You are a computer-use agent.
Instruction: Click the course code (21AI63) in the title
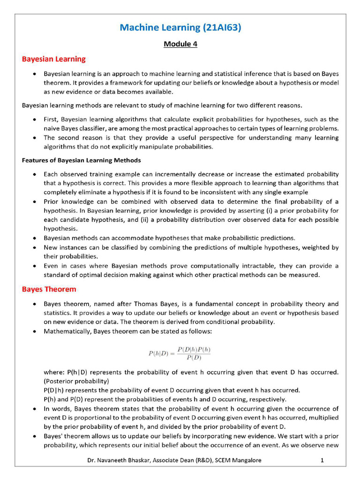pyautogui.click(x=222, y=28)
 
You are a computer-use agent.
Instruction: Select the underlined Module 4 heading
pyautogui.click(x=180, y=44)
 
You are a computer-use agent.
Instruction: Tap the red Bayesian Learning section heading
pyautogui.click(x=54, y=59)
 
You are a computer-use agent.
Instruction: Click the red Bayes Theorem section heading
pyautogui.click(x=49, y=289)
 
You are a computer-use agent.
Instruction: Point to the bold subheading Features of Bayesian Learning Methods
pyautogui.click(x=81, y=160)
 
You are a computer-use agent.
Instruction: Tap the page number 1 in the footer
pyautogui.click(x=322, y=461)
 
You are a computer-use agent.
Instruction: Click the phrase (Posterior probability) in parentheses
pyautogui.click(x=76, y=381)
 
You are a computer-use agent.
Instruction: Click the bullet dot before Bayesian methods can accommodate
pyautogui.click(x=36, y=238)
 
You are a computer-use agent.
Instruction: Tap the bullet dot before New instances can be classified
pyautogui.click(x=36, y=247)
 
